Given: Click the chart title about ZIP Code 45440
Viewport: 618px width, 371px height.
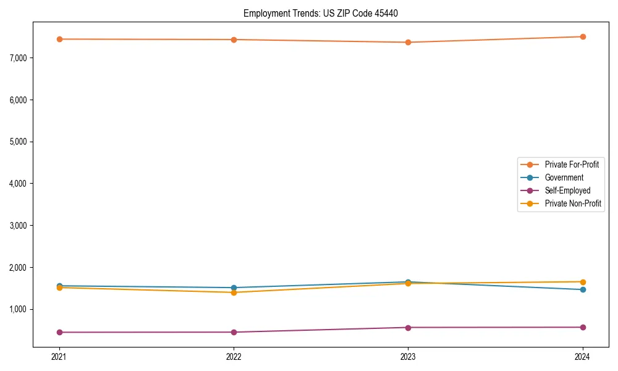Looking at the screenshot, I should click(325, 13).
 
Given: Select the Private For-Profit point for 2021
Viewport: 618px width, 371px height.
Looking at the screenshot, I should click(59, 39).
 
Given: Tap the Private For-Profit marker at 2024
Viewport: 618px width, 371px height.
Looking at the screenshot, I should click(583, 36).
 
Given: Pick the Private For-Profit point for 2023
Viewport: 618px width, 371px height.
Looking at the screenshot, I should click(408, 42).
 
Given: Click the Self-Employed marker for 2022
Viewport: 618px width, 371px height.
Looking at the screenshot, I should click(234, 332).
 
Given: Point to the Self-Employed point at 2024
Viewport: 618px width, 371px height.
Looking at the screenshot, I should click(583, 327).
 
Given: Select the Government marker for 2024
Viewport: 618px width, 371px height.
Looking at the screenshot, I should click(583, 289).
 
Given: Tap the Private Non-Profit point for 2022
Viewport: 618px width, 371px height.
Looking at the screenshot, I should click(234, 292).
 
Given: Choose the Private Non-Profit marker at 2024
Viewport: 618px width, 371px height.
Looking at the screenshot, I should click(583, 282).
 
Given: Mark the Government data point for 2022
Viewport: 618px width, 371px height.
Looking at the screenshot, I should click(234, 288).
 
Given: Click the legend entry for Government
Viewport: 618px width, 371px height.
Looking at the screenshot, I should click(564, 177).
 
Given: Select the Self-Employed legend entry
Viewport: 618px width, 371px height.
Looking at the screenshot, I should click(567, 190).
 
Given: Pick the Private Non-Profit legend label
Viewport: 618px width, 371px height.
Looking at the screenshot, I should click(573, 203).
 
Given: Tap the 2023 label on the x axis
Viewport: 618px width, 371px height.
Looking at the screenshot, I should click(408, 356).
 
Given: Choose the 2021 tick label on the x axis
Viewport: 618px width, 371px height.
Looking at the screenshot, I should click(59, 356).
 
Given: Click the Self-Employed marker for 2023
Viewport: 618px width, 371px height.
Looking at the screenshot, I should click(408, 327).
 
